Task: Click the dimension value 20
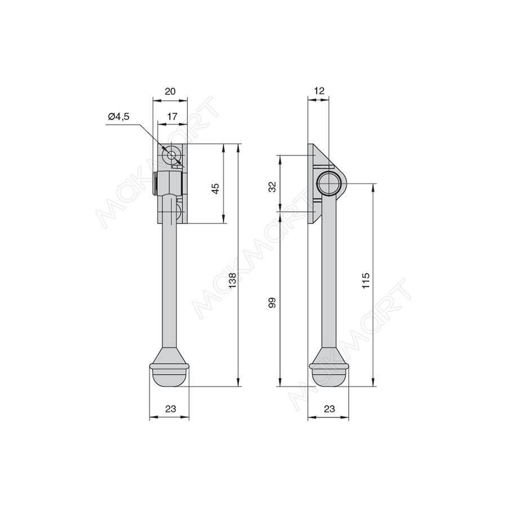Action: coord(170,91)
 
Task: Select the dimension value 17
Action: coord(172,117)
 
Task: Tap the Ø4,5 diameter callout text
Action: coord(119,117)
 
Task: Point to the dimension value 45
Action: coord(216,188)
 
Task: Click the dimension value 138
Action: coord(233,280)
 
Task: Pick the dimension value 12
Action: coord(319,91)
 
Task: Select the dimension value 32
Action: coord(273,187)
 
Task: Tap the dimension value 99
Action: coord(273,303)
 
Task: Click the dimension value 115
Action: coord(366,281)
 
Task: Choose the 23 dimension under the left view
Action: coord(170,409)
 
